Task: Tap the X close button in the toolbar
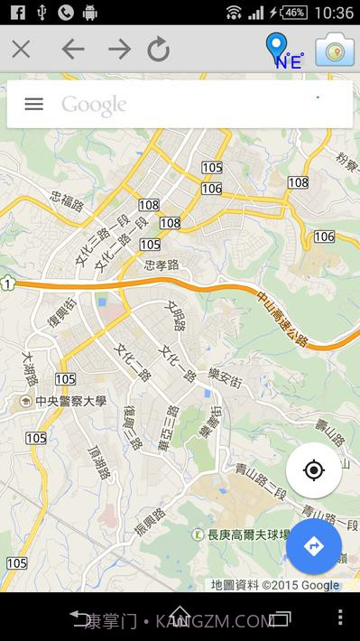tap(21, 49)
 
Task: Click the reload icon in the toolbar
tap(159, 49)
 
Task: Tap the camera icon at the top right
tap(335, 50)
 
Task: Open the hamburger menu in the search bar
tap(33, 104)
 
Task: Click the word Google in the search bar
tap(94, 105)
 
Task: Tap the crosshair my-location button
tap(313, 470)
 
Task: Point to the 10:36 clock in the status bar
tap(335, 12)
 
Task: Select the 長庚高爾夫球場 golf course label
tap(243, 534)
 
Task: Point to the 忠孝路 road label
tap(162, 265)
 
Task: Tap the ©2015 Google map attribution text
tap(300, 585)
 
